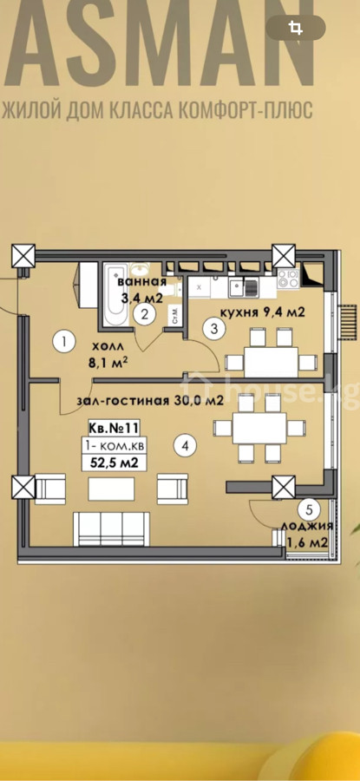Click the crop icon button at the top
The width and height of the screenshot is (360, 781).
click(296, 28)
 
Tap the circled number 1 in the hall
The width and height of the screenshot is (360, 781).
click(65, 342)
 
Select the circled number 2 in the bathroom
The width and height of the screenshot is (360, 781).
click(145, 314)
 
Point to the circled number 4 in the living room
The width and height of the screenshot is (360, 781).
click(186, 445)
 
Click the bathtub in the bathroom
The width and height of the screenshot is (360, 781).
click(115, 294)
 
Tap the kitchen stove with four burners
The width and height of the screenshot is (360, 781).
click(287, 279)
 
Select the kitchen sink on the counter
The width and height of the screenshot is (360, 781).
click(244, 285)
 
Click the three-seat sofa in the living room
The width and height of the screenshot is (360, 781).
click(112, 528)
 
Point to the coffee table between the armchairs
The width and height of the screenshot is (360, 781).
click(111, 489)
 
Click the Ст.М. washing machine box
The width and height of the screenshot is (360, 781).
click(176, 316)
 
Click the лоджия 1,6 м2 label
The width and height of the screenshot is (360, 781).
click(305, 534)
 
